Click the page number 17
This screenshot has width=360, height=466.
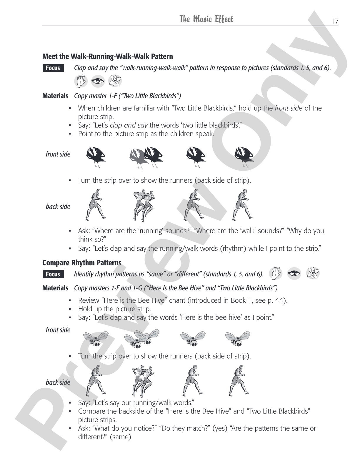pos(335,21)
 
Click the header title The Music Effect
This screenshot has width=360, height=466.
pos(206,19)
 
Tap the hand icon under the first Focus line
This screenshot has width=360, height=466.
pos(81,81)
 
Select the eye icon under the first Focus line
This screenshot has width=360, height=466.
pos(98,81)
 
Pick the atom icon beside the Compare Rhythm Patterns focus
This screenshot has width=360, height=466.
pos(313,273)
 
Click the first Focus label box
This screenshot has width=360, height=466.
pos(53,68)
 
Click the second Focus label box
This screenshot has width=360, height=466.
pos(53,274)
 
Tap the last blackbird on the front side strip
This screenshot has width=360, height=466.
pos(244,157)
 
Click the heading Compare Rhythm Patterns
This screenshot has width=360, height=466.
pos(82,263)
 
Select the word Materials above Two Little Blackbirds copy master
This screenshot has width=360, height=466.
pos(55,96)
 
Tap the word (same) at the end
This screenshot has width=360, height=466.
pos(120,437)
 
